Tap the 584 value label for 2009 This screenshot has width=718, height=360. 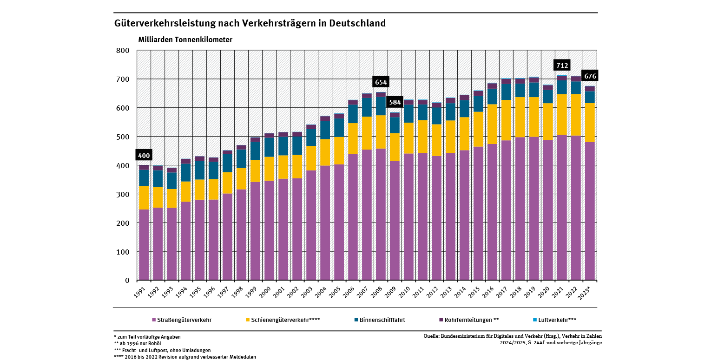click(x=395, y=102)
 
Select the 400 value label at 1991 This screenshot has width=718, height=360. click(x=144, y=156)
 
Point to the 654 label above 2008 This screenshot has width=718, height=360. click(x=381, y=82)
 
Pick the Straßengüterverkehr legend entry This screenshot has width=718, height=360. click(x=182, y=320)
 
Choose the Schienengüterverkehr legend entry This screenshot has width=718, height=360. click(x=283, y=320)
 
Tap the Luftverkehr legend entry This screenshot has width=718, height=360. click(x=554, y=320)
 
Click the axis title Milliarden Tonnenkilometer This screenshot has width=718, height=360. click(x=185, y=40)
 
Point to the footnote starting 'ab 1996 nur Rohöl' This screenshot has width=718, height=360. click(x=135, y=343)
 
